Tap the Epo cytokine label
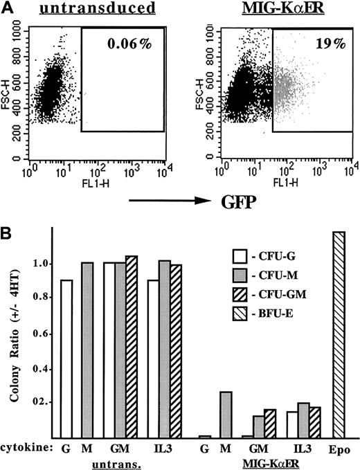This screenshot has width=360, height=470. pyautogui.click(x=339, y=449)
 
